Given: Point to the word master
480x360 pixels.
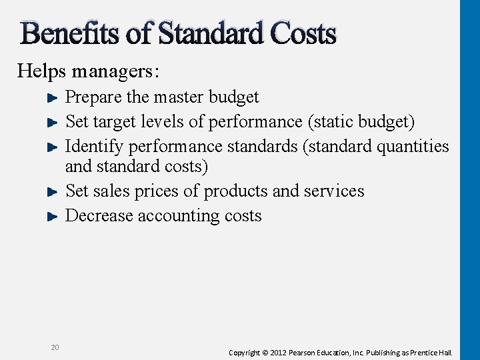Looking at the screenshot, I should click(178, 97).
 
